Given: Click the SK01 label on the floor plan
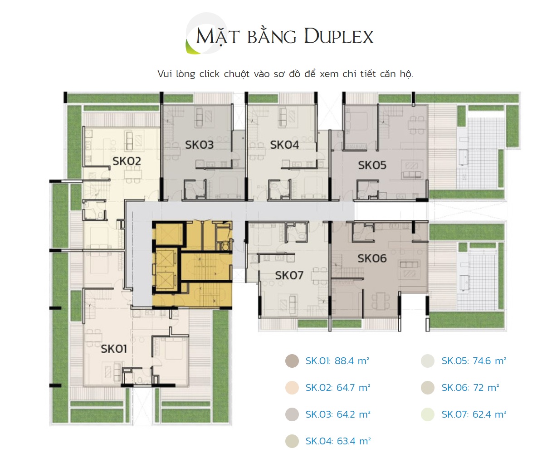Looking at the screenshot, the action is point(114,349).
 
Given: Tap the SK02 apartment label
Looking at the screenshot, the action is point(127,161).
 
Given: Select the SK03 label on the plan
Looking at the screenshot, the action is point(199,145).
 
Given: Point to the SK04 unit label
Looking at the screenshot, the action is point(284,145).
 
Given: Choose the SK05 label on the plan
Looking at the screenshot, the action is point(372,165).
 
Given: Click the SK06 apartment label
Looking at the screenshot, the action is point(372,258).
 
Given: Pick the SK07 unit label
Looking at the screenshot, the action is point(289,275).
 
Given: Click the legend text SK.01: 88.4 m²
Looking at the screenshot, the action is point(337,361).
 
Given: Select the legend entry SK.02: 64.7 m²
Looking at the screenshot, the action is point(338,388).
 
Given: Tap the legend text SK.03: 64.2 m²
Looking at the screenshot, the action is point(338,414).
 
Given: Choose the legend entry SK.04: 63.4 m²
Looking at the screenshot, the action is point(338,441).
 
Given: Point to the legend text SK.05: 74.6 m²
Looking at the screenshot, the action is point(474,361).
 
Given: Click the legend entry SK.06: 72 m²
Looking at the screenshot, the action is point(470,388).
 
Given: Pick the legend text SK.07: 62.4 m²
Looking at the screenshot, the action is point(474,414).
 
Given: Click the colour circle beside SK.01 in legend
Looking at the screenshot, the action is point(292,361).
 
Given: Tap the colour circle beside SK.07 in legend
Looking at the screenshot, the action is point(428,414).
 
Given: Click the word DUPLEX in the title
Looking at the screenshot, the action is point(339,36).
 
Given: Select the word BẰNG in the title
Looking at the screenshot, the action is point(272,35).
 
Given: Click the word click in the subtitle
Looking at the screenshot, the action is point(210,74).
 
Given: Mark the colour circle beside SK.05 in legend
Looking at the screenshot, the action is point(428,361).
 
